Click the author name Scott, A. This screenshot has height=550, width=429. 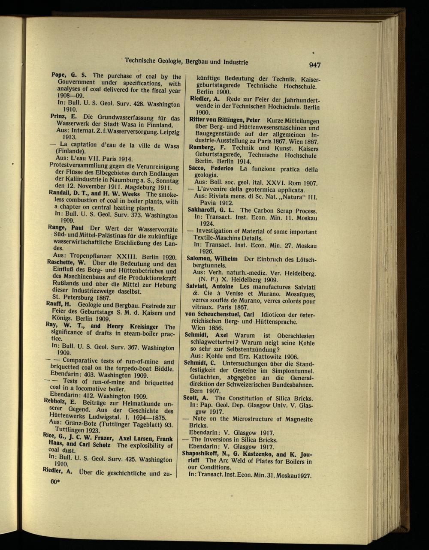click(x=196, y=397)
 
